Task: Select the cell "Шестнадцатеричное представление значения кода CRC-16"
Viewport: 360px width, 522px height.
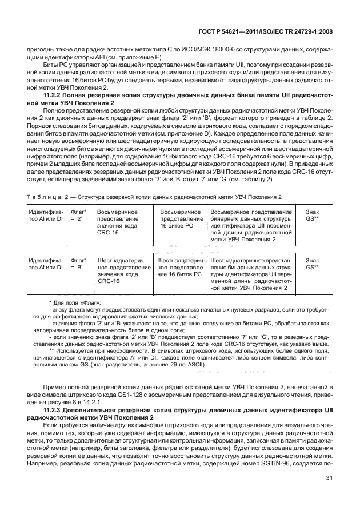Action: coord(122,270)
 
